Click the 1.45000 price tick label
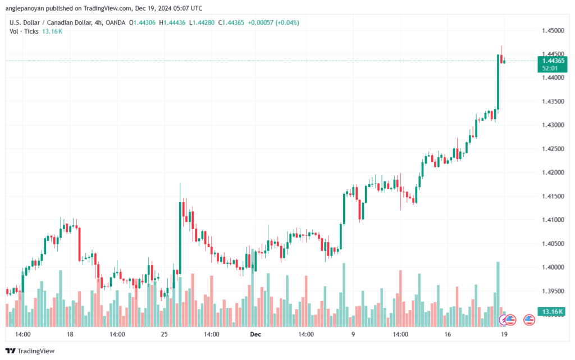(x=553, y=30)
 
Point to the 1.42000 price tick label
(x=553, y=172)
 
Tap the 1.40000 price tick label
(x=553, y=267)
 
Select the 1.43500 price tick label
(x=553, y=101)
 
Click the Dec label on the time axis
(x=255, y=334)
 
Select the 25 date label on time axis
(x=165, y=334)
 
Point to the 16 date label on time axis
(x=448, y=334)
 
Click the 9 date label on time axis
(x=353, y=334)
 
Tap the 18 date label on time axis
(x=70, y=334)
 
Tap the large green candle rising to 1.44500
(x=498, y=82)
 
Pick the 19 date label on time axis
(x=504, y=334)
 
